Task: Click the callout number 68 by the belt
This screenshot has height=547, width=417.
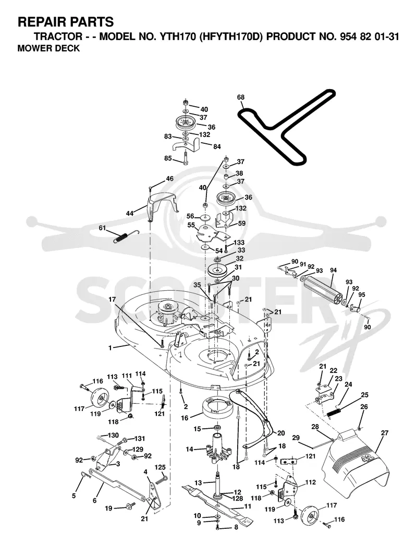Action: click(x=241, y=97)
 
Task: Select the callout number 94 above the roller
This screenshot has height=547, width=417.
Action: click(x=333, y=270)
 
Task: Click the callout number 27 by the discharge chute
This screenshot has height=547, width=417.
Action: click(x=385, y=433)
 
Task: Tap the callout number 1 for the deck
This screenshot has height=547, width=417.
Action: click(x=111, y=348)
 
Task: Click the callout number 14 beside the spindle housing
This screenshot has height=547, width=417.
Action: click(x=190, y=449)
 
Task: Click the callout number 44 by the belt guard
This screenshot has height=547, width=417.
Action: click(x=130, y=213)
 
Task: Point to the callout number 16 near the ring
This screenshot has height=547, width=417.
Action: click(x=185, y=418)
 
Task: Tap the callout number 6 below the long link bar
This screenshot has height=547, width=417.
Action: click(x=94, y=500)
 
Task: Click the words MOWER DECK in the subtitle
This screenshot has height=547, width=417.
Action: click(x=48, y=48)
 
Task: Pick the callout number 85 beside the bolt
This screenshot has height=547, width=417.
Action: click(x=168, y=158)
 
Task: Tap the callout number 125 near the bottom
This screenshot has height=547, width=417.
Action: click(x=160, y=467)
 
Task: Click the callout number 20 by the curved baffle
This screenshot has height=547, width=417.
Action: click(x=281, y=433)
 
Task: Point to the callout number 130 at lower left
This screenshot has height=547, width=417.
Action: click(x=113, y=436)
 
